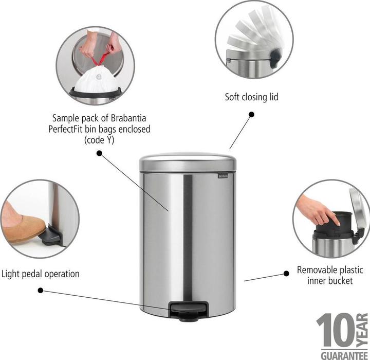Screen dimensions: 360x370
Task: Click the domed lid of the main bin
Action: click(188, 161)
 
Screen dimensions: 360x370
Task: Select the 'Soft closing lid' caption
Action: click(252, 97)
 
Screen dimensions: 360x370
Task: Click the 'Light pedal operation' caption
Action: click(41, 274)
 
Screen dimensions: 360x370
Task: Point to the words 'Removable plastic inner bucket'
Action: click(330, 275)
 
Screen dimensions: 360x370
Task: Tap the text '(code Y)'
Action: click(100, 140)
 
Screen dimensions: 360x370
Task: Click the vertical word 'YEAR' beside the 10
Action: click(364, 330)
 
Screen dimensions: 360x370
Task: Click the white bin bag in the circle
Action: click(96, 82)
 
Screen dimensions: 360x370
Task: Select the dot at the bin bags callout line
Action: click(99, 152)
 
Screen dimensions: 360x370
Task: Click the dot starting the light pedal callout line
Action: click(41, 291)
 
